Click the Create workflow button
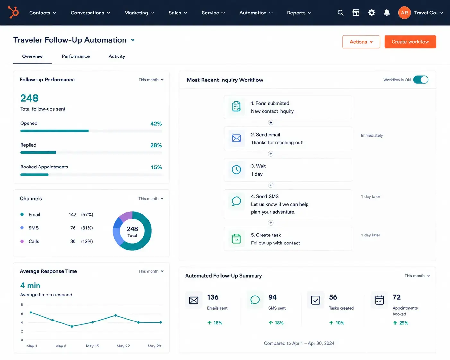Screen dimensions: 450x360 click(x=410, y=42)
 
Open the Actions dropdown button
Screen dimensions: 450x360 click(x=361, y=42)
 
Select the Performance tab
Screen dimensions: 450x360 click(x=76, y=56)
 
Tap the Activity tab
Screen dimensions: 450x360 click(x=117, y=56)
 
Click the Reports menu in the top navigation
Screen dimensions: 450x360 click(x=299, y=13)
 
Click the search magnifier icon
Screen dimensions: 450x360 click(x=341, y=13)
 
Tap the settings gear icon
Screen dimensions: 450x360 click(x=372, y=13)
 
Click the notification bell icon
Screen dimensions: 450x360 click(x=387, y=13)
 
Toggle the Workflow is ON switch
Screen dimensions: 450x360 click(x=421, y=80)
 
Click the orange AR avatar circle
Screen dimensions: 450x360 click(x=404, y=13)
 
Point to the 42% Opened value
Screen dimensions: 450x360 click(x=156, y=124)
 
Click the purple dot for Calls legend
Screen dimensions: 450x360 click(x=22, y=241)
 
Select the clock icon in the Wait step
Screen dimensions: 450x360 click(x=236, y=169)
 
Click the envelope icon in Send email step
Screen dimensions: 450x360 click(x=236, y=138)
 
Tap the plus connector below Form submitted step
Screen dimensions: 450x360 click(x=271, y=123)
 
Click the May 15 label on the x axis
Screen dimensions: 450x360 click(x=92, y=346)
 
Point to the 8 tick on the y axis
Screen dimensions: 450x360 click(x=22, y=304)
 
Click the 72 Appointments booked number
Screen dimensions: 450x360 click(x=396, y=297)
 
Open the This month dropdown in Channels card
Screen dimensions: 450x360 click(x=151, y=198)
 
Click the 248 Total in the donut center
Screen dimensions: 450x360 click(x=132, y=231)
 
